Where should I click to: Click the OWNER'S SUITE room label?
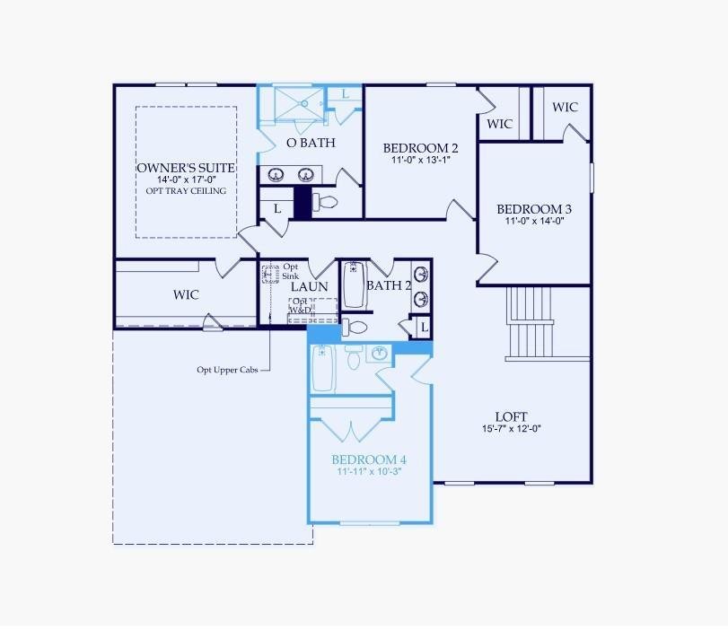click(x=186, y=168)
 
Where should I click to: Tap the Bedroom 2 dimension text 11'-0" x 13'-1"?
click(x=421, y=160)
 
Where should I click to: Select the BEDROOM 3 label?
click(x=534, y=209)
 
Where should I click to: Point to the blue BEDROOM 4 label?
click(x=369, y=460)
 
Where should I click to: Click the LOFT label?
click(x=511, y=417)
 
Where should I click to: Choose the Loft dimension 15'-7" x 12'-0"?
click(x=512, y=428)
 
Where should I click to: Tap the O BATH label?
click(x=311, y=143)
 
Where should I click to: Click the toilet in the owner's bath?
click(x=325, y=202)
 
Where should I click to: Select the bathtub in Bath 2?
click(x=354, y=284)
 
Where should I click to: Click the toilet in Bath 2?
click(x=354, y=327)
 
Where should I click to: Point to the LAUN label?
click(x=309, y=287)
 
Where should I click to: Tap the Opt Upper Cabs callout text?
click(x=227, y=370)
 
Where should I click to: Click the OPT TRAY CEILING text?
click(x=186, y=191)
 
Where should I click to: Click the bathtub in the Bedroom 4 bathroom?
click(x=322, y=368)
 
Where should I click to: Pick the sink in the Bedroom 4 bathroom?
click(x=380, y=354)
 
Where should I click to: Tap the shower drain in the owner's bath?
click(x=305, y=103)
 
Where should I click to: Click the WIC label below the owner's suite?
click(x=186, y=294)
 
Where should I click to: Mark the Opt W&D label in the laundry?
click(x=301, y=306)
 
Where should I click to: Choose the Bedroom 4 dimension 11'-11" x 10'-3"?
click(x=369, y=472)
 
